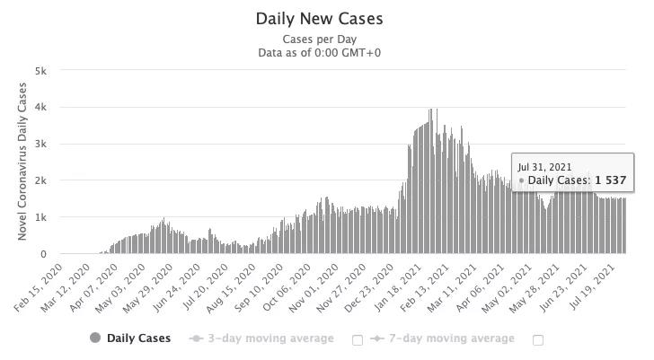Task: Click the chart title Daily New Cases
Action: [319, 19]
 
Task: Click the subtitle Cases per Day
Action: [319, 40]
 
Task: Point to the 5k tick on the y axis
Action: [41, 70]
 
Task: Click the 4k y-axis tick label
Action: [41, 107]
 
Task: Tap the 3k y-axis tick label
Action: [41, 144]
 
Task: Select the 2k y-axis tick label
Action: [41, 180]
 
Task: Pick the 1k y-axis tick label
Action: [41, 217]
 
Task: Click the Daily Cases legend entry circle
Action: [95, 338]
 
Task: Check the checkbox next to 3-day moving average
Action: [358, 339]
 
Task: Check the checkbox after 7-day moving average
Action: [538, 339]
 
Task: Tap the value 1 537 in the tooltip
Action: [610, 180]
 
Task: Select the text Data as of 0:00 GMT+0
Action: [319, 53]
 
